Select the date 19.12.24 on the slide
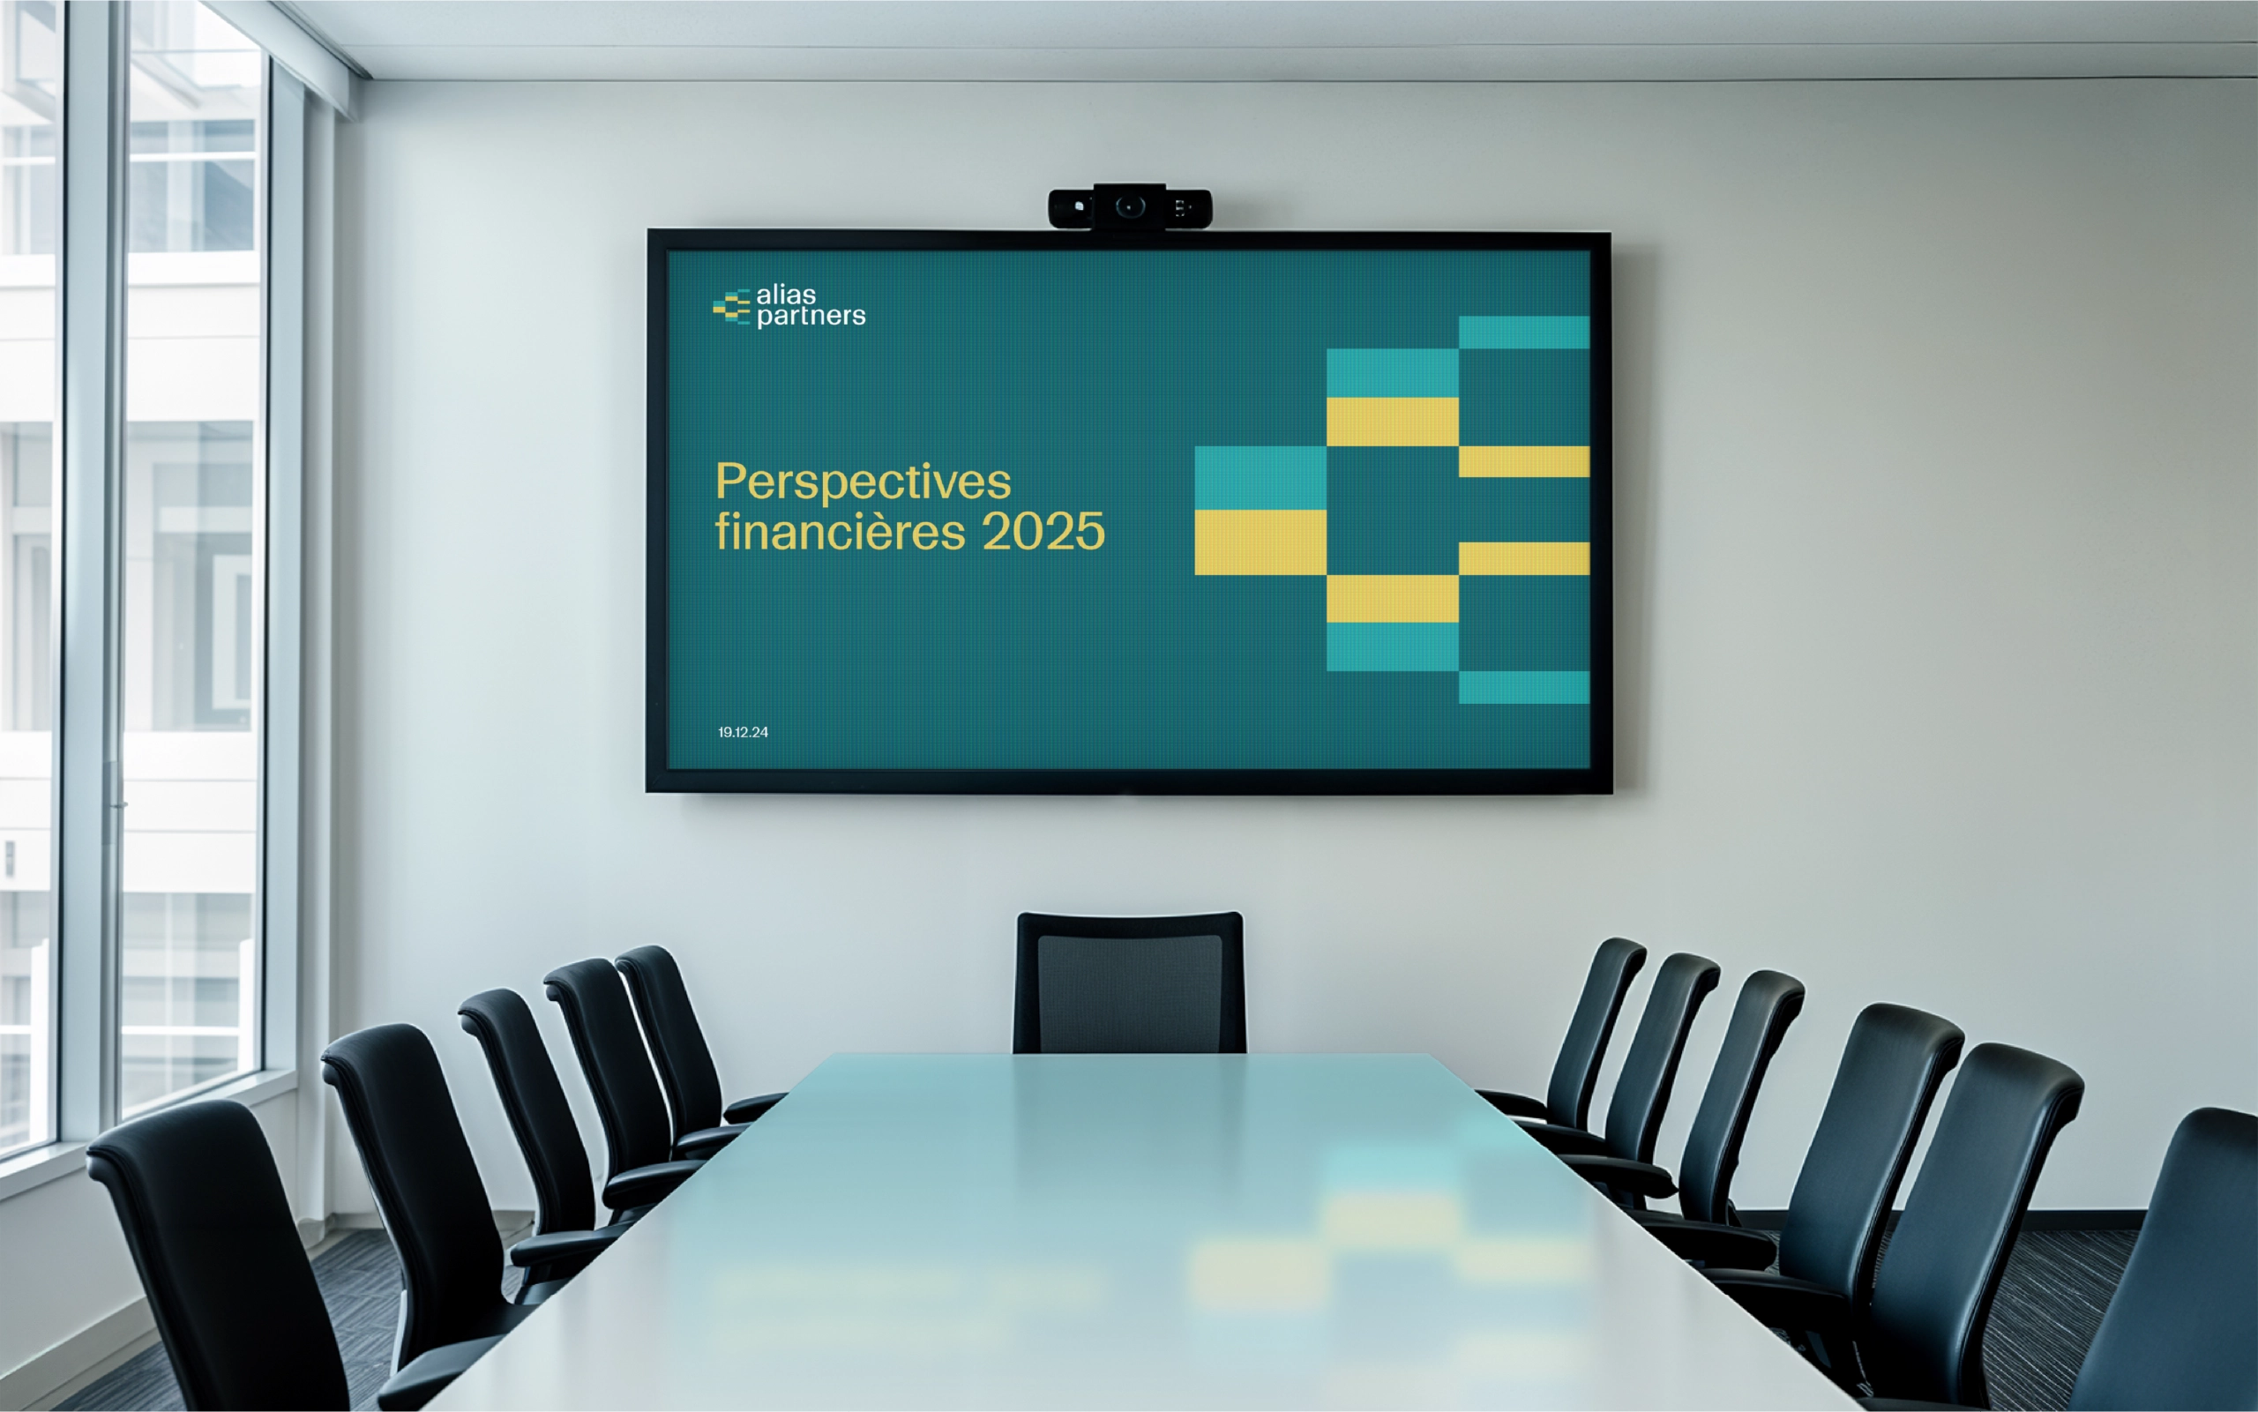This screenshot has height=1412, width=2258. pyautogui.click(x=744, y=732)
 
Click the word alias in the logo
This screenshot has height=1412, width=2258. pyautogui.click(x=785, y=295)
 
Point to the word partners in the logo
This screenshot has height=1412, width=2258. pyautogui.click(x=811, y=317)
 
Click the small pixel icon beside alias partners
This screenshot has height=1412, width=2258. pyautogui.click(x=731, y=307)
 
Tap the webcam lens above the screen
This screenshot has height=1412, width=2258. pyautogui.click(x=1130, y=205)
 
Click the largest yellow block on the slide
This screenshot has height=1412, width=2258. pyautogui.click(x=1260, y=542)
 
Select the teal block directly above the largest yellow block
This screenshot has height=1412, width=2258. pyautogui.click(x=1260, y=478)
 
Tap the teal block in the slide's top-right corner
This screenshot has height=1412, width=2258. pyautogui.click(x=1524, y=332)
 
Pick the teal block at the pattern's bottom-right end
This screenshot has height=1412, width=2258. pyautogui.click(x=1524, y=687)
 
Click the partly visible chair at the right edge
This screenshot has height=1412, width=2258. pyautogui.click(x=2176, y=1260)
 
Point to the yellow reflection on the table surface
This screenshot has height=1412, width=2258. pyautogui.click(x=1260, y=1274)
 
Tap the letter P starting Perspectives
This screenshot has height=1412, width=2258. pyautogui.click(x=733, y=482)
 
